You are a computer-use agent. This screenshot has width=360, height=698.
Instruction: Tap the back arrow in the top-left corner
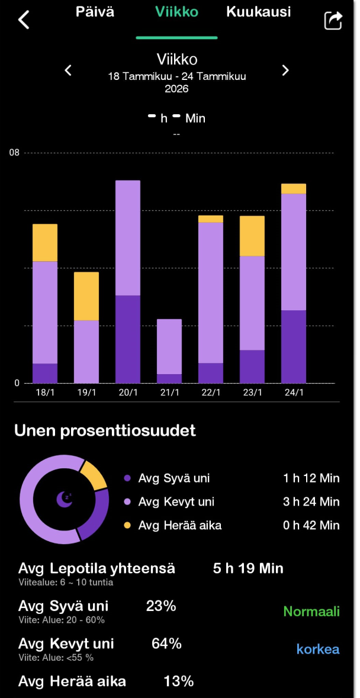[24, 20]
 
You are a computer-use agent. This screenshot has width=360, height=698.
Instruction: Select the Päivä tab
[95, 12]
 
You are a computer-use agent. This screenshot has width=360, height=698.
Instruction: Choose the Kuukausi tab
[258, 12]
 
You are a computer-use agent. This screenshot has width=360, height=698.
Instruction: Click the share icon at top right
[333, 20]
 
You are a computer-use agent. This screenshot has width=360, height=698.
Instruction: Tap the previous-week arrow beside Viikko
[68, 70]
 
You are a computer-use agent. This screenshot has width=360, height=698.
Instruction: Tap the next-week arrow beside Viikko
[285, 70]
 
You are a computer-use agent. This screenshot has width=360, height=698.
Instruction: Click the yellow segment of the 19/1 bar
[86, 296]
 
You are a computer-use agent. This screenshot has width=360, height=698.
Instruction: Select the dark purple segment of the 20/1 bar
[128, 339]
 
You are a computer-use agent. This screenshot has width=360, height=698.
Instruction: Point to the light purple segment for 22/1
[211, 292]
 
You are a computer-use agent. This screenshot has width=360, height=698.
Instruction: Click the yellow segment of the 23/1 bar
[252, 236]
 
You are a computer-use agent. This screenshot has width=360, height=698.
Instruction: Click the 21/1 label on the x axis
[169, 393]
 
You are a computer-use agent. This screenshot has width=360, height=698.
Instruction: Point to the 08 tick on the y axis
[14, 153]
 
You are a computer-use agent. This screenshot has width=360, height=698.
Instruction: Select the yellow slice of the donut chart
[93, 475]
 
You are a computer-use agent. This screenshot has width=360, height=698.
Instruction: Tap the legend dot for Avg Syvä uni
[127, 478]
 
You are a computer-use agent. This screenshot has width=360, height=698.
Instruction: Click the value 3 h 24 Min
[311, 502]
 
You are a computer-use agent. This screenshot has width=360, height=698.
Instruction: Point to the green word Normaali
[311, 612]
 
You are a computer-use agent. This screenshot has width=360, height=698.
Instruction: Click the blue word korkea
[318, 649]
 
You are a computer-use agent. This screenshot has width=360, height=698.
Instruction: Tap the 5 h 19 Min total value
[248, 569]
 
